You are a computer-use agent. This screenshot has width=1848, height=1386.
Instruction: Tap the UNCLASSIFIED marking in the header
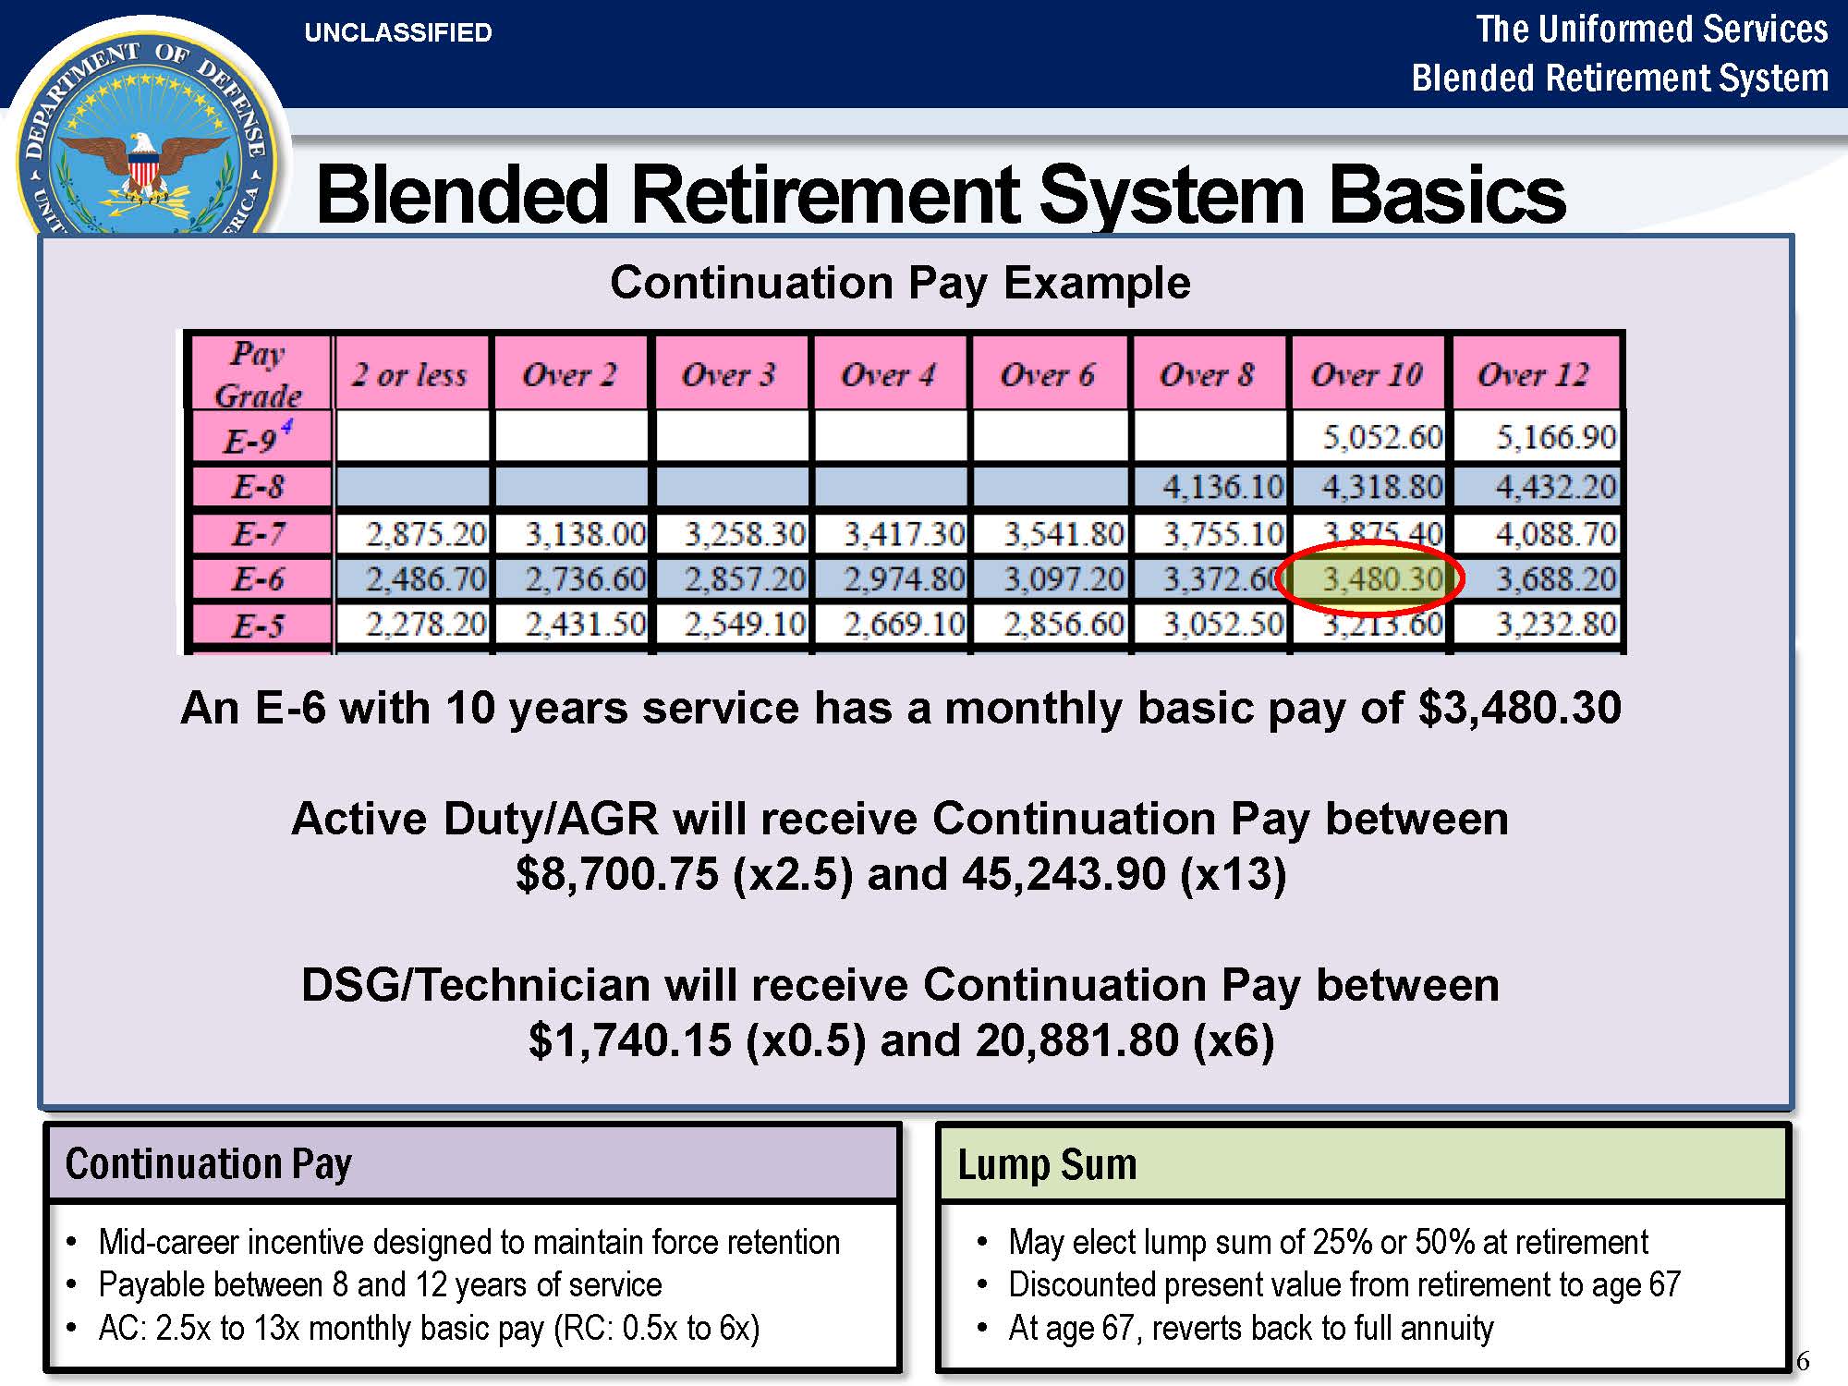(x=398, y=33)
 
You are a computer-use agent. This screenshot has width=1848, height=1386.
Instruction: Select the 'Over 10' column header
(x=1368, y=374)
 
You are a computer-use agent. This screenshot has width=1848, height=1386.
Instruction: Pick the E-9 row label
(x=259, y=437)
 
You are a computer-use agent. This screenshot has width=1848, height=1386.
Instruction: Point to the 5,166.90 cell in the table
(x=1556, y=437)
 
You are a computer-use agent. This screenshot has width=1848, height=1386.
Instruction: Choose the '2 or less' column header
(x=409, y=374)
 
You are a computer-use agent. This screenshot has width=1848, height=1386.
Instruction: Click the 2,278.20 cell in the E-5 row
(x=426, y=625)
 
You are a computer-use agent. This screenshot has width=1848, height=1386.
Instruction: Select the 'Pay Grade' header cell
(x=259, y=373)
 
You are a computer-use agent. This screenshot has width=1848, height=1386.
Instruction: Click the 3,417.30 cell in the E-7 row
(x=904, y=533)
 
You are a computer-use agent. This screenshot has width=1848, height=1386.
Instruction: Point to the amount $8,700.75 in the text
(x=617, y=874)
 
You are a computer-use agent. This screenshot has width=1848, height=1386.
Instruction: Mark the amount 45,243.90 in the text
(x=1064, y=874)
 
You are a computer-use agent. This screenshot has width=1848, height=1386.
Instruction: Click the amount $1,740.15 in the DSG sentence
(x=630, y=1040)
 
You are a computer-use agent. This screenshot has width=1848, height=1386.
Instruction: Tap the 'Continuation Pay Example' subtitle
(x=900, y=283)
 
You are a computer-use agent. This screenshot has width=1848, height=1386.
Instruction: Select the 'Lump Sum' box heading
(x=1047, y=1164)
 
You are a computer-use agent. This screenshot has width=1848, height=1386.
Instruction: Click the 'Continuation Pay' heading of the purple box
(x=209, y=1164)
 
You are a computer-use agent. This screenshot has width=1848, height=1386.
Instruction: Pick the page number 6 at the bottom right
(x=1802, y=1361)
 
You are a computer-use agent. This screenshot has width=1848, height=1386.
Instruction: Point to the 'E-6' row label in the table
(x=259, y=579)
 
